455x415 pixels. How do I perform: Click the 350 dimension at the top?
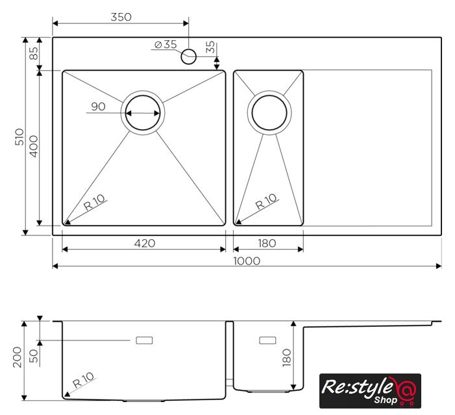(x=121, y=17)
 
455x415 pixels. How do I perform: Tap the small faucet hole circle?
(x=189, y=56)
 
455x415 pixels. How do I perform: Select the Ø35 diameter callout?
(x=166, y=44)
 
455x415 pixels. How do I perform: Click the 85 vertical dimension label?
(x=34, y=53)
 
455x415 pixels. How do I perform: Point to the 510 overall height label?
(x=19, y=137)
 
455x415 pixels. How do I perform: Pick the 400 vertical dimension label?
(x=34, y=147)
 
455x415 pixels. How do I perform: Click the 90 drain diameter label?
(x=99, y=106)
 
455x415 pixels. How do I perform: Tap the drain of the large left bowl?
(x=143, y=113)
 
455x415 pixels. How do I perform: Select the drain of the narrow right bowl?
(x=269, y=112)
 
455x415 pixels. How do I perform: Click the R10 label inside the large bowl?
(x=94, y=202)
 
